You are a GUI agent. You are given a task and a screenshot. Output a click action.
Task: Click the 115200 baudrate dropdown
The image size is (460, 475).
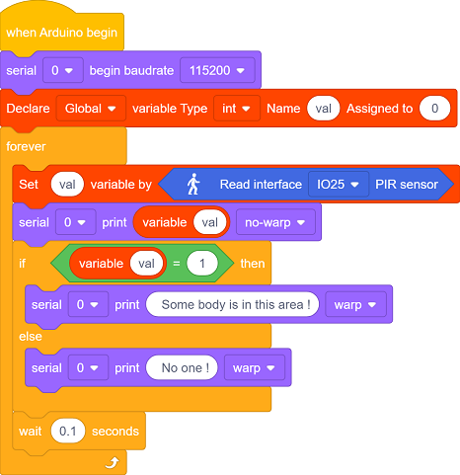pyautogui.click(x=217, y=70)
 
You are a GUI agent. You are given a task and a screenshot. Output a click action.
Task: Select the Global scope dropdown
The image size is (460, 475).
pyautogui.click(x=91, y=109)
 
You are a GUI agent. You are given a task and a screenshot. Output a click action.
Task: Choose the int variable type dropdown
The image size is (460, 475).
pyautogui.click(x=237, y=109)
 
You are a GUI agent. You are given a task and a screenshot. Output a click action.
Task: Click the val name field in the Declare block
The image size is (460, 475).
pyautogui.click(x=323, y=109)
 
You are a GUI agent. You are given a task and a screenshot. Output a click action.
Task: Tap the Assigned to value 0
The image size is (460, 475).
pyautogui.click(x=434, y=109)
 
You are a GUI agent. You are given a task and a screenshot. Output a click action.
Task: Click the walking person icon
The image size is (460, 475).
pyautogui.click(x=193, y=184)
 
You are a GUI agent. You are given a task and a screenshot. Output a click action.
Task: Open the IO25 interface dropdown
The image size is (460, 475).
pyautogui.click(x=339, y=185)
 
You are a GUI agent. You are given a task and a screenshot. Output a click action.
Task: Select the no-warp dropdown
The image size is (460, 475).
pyautogui.click(x=275, y=222)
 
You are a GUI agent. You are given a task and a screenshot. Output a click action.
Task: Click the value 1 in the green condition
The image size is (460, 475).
pyautogui.click(x=202, y=264)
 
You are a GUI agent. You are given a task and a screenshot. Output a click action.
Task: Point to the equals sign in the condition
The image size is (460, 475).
pyautogui.click(x=177, y=264)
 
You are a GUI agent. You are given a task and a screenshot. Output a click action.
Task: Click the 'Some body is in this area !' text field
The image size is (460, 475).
pyautogui.click(x=233, y=304)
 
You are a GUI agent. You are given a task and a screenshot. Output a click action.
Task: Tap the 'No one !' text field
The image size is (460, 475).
pyautogui.click(x=182, y=367)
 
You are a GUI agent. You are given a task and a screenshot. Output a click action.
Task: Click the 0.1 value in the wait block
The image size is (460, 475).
pyautogui.click(x=68, y=431)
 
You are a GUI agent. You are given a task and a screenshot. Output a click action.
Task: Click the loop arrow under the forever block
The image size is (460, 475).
pyautogui.click(x=112, y=462)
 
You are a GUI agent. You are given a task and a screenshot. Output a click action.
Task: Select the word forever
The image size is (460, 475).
pyautogui.click(x=26, y=146)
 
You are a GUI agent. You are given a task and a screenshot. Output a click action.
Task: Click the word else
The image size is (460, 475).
pyautogui.click(x=31, y=337)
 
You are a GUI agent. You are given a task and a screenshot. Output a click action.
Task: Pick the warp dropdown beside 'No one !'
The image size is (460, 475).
pyautogui.click(x=255, y=367)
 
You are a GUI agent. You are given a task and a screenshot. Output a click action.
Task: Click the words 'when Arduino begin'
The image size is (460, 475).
pyautogui.click(x=61, y=33)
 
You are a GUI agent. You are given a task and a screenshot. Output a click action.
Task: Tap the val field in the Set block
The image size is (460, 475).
pyautogui.click(x=67, y=185)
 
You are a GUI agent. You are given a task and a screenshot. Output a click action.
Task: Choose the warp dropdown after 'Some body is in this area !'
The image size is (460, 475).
pyautogui.click(x=355, y=304)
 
